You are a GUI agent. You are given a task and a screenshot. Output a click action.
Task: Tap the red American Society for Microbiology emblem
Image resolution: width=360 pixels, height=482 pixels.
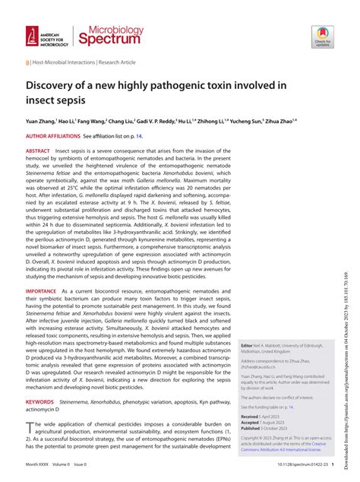pos(32,33)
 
